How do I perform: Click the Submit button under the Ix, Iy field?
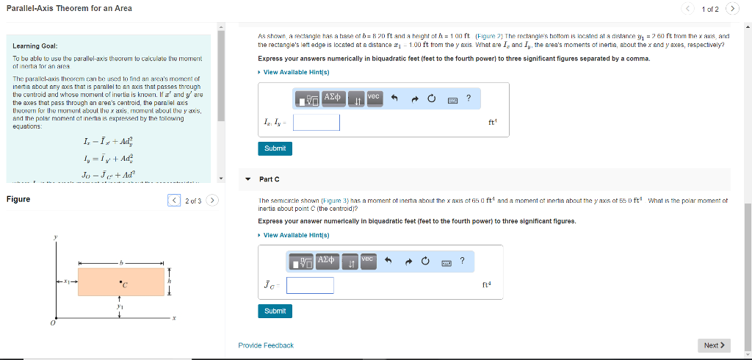click(x=275, y=148)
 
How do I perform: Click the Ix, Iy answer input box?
click(x=316, y=122)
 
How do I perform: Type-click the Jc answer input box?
click(x=310, y=285)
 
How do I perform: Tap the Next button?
click(x=715, y=345)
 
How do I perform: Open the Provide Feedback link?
click(x=266, y=345)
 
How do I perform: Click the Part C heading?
click(x=270, y=179)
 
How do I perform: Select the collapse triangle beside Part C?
click(x=247, y=179)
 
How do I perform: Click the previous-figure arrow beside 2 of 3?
click(x=173, y=200)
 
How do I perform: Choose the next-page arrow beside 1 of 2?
click(x=732, y=9)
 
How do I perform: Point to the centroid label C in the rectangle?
click(x=125, y=284)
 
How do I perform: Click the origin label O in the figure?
click(x=51, y=323)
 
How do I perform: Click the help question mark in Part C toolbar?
click(x=462, y=260)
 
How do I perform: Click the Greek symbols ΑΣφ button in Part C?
click(x=326, y=261)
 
